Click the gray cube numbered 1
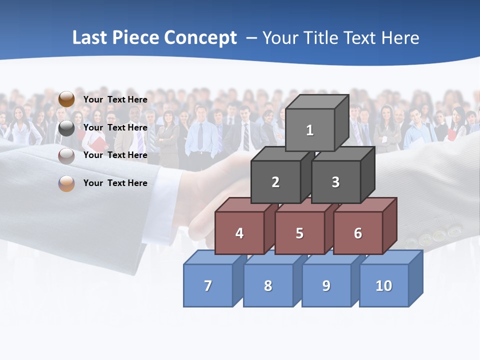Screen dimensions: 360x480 point(310,130)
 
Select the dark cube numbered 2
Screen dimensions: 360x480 point(275,182)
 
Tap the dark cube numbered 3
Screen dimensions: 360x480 point(335,182)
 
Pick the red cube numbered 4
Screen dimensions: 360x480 point(239,233)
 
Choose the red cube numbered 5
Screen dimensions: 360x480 point(299,233)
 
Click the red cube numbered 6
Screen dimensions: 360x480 point(358,233)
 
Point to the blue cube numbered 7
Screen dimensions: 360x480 point(208,285)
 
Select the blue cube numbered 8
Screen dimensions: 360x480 point(268,285)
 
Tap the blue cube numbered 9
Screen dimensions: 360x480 point(326,285)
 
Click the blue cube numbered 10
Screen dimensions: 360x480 point(384,285)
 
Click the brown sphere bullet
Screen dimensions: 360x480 point(66,99)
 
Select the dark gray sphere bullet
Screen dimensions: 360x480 point(66,128)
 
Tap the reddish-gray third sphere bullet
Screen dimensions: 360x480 point(66,155)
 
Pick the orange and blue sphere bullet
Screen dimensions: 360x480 point(66,183)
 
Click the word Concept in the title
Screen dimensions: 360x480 point(200,38)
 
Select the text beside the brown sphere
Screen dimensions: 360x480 point(115,99)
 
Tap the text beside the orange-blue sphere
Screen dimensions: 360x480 point(115,183)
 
